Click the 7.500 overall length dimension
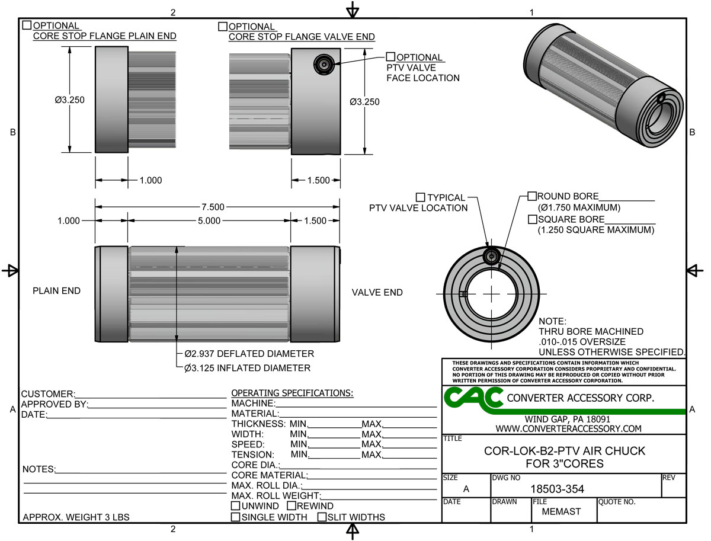213,207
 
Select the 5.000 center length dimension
209,221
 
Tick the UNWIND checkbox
236,506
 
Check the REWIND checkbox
292,506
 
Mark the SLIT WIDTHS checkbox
322,517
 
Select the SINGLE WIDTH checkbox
236,517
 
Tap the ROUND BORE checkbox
532,196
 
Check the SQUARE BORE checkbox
532,219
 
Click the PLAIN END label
56,291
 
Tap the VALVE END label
377,292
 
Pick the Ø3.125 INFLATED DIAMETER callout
247,368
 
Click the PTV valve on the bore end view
491,256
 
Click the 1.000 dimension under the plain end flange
150,180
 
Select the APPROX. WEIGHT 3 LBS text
76,517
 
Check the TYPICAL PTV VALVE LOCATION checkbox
421,197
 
